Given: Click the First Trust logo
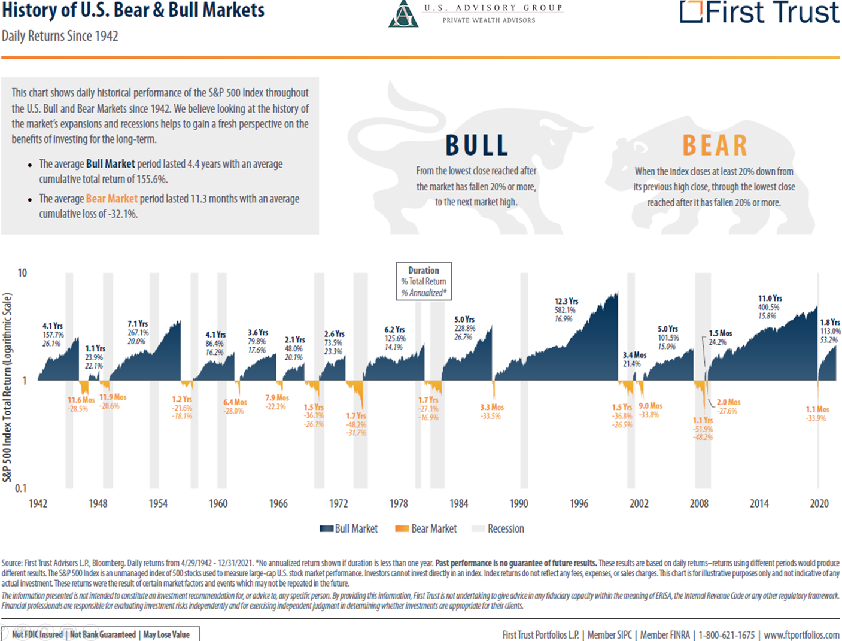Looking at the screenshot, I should click(x=759, y=12).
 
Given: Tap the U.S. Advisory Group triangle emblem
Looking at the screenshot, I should click(x=403, y=14).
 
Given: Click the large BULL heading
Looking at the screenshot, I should click(x=477, y=145).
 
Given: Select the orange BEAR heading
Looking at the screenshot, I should click(x=715, y=145).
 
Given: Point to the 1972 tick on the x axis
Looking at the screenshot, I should click(x=338, y=504).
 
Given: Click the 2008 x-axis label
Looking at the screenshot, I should click(x=699, y=504).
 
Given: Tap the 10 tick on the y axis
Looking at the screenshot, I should click(x=22, y=273).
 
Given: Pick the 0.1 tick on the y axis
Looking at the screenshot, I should click(x=21, y=488).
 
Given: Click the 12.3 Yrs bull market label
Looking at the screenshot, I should click(x=566, y=301).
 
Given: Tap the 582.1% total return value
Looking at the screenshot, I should click(x=565, y=310).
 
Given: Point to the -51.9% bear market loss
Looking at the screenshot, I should click(x=703, y=429).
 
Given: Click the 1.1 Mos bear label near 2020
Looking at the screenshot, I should click(x=817, y=409).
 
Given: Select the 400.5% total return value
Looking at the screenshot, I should click(x=769, y=307).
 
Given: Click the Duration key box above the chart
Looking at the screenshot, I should click(x=424, y=281).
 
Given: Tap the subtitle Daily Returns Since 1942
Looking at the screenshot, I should click(x=60, y=36).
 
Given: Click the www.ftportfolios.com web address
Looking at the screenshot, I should click(x=801, y=635).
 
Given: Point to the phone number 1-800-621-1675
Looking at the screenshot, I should click(x=727, y=635).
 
